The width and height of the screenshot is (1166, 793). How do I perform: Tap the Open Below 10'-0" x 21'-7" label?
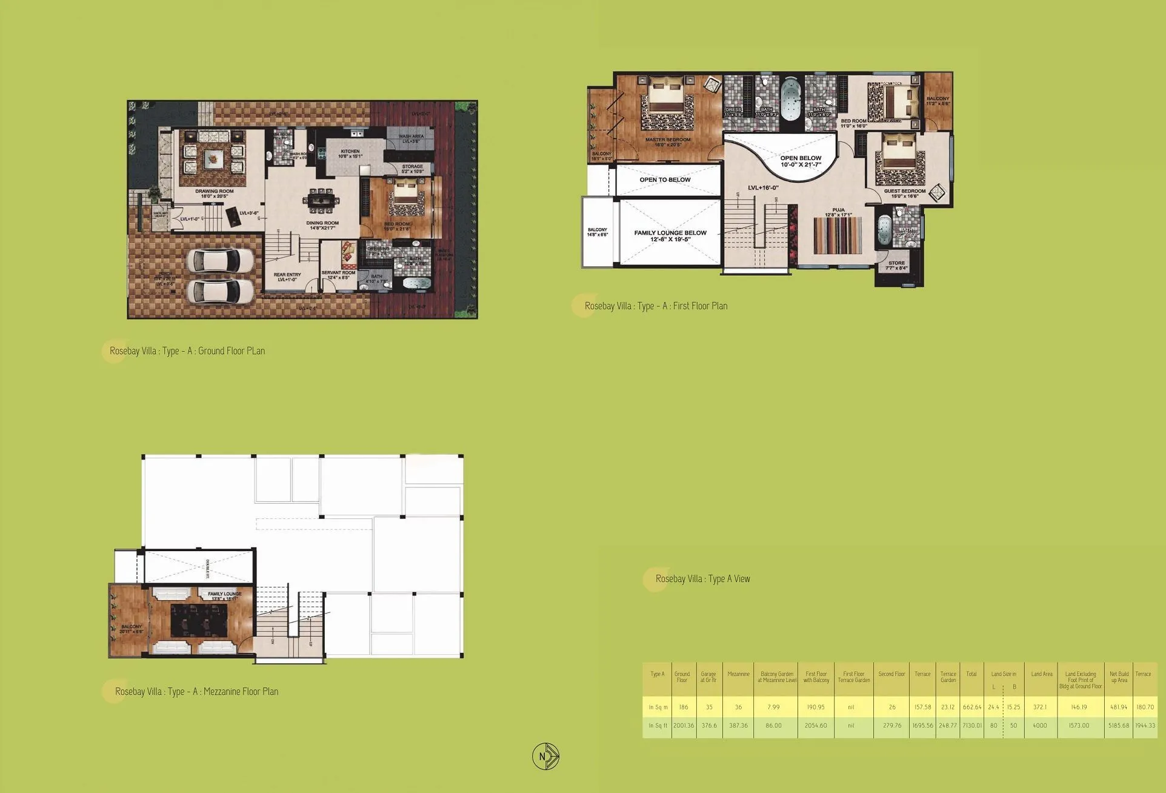[x=801, y=161]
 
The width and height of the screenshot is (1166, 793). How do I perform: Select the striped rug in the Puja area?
[x=837, y=236]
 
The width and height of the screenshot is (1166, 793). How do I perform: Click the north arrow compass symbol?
[x=545, y=756]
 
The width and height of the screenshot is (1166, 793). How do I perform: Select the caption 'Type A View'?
[x=702, y=579]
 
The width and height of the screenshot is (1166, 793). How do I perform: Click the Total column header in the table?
[x=971, y=674]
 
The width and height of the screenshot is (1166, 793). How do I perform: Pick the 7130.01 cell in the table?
[x=971, y=726]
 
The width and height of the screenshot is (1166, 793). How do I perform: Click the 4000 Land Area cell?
[x=1039, y=726]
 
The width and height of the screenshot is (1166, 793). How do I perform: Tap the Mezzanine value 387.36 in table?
[x=738, y=726]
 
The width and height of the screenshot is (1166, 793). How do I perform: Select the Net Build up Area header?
[x=1119, y=677]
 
